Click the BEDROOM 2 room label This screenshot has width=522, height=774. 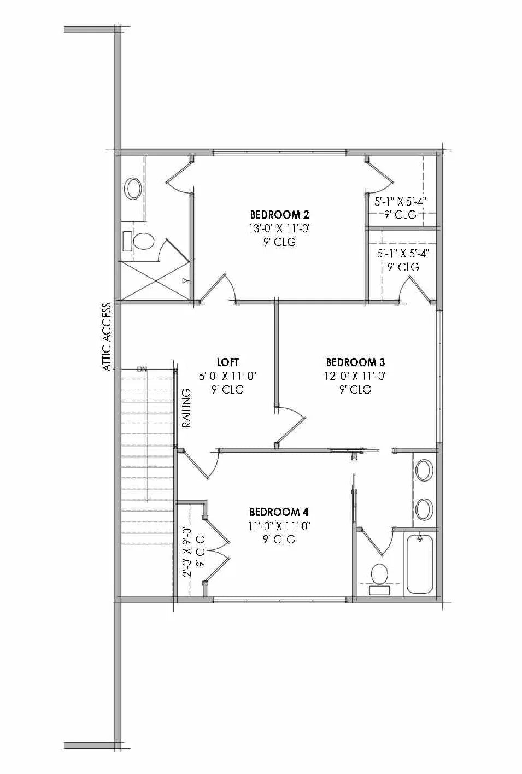click(275, 214)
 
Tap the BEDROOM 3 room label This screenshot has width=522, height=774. click(355, 362)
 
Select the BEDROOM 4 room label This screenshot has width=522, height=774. click(279, 512)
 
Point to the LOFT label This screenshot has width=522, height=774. click(228, 362)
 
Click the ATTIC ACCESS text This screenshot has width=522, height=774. click(107, 337)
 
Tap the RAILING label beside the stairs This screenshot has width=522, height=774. click(186, 408)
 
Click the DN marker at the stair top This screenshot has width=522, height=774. click(142, 369)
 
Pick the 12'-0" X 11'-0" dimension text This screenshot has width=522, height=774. click(355, 376)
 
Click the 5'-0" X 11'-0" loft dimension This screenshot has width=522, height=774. click(228, 376)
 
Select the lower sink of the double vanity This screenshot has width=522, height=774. click(424, 509)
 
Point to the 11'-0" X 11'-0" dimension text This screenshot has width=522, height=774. click(279, 526)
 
